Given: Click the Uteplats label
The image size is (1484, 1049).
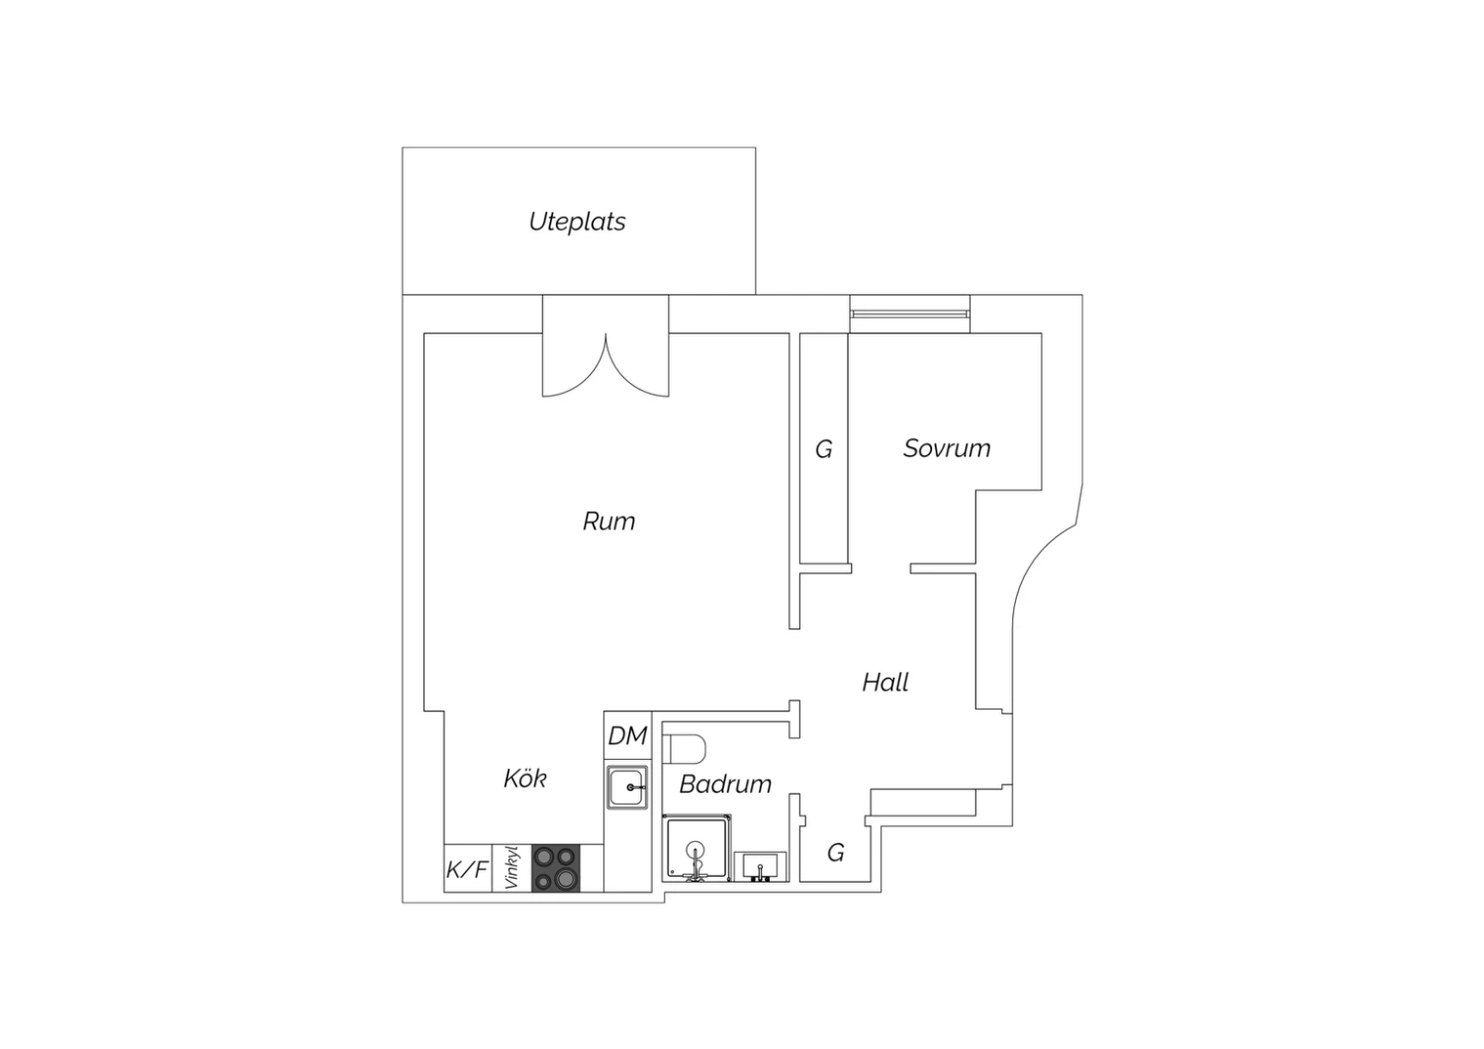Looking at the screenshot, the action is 577,222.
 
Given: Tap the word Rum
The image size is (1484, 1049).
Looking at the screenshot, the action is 608,522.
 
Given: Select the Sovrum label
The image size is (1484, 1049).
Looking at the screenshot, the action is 947,448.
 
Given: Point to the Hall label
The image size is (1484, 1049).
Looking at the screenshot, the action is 885,682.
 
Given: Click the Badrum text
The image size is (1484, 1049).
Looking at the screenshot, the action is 725,784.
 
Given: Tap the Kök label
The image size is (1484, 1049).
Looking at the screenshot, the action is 524,778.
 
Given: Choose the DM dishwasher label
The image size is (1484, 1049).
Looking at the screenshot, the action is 627,735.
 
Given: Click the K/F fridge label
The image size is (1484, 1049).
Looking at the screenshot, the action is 467,869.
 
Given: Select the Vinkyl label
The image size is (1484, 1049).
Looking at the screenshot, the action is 510,868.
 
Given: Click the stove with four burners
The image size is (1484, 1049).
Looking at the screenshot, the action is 556,868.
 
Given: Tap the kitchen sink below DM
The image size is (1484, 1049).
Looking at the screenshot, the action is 626,788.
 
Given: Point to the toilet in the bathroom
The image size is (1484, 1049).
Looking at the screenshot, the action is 685,748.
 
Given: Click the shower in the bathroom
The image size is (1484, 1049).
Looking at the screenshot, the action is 696,847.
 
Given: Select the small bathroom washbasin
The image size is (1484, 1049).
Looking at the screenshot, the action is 760,867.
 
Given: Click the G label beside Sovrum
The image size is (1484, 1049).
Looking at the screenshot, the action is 823,449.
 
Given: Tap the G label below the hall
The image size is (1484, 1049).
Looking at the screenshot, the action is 836,852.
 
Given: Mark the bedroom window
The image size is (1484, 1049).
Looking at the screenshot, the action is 909,314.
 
